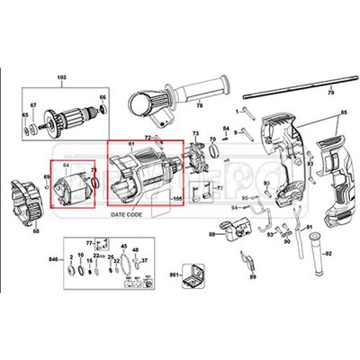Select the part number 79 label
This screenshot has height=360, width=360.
pos(329,94)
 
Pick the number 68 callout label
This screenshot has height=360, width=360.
pos(37,231)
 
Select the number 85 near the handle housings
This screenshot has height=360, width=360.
pos(342,112)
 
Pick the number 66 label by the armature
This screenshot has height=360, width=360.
pos(102,97)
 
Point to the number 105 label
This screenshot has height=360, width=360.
pos(176,196)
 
